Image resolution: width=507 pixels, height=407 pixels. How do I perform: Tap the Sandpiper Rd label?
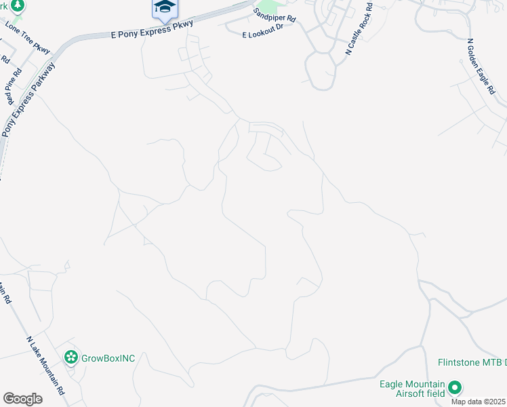[x=275, y=15]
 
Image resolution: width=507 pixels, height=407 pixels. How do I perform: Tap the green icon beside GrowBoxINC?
[x=70, y=357]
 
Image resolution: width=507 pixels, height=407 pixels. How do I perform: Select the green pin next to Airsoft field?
[x=455, y=388]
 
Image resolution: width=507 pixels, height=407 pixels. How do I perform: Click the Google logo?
[x=22, y=399]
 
